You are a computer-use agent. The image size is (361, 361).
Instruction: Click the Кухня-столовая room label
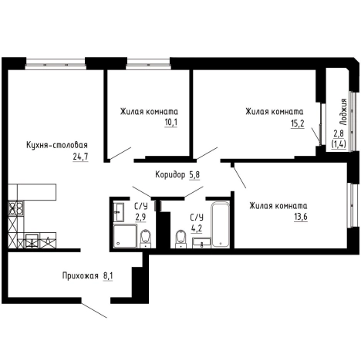pyautogui.click(x=57, y=145)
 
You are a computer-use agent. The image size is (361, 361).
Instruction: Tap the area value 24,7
pyautogui.click(x=80, y=157)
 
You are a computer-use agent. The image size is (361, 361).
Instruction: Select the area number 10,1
pyautogui.click(x=171, y=123)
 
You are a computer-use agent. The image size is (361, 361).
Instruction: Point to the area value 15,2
pyautogui.click(x=298, y=123)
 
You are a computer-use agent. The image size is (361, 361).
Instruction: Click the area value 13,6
pyautogui.click(x=301, y=218)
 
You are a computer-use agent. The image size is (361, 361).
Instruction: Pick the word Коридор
pyautogui.click(x=170, y=175)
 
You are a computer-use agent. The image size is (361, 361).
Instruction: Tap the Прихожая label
pyautogui.click(x=80, y=276)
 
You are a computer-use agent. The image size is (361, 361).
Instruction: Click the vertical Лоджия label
pyautogui.click(x=343, y=112)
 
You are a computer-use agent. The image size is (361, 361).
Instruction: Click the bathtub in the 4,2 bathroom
pyautogui.click(x=221, y=225)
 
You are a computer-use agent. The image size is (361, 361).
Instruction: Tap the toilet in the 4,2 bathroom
pyautogui.click(x=180, y=239)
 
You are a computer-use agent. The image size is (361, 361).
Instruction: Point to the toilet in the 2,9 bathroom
pyautogui.click(x=146, y=238)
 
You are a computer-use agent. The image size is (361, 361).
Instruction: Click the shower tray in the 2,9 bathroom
pyautogui.click(x=125, y=236)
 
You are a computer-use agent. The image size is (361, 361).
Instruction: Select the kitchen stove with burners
pyautogui.click(x=16, y=208)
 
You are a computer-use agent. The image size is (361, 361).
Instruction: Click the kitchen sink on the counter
pyautogui.click(x=32, y=241)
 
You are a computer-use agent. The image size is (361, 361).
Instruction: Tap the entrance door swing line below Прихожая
pyautogui.click(x=94, y=311)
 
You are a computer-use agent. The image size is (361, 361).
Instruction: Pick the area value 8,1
pyautogui.click(x=108, y=276)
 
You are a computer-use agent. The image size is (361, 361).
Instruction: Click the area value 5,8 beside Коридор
pyautogui.click(x=194, y=175)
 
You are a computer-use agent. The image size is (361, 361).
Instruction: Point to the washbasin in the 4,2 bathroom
pyautogui.click(x=201, y=243)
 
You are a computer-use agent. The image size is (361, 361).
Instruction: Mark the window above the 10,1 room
pyautogui.click(x=148, y=63)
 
